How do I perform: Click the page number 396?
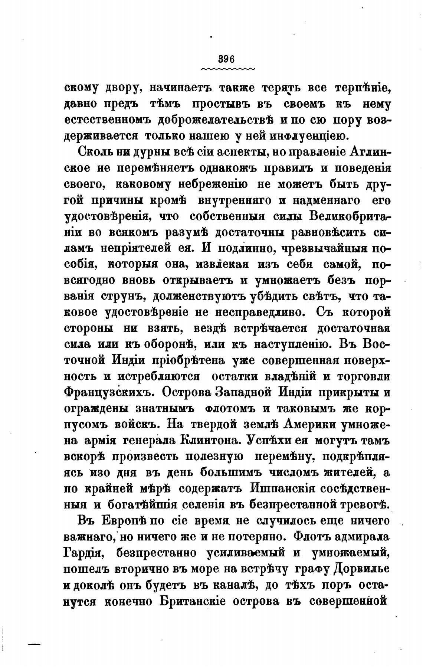227,59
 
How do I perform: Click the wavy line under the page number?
227,69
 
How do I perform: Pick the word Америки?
323,424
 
